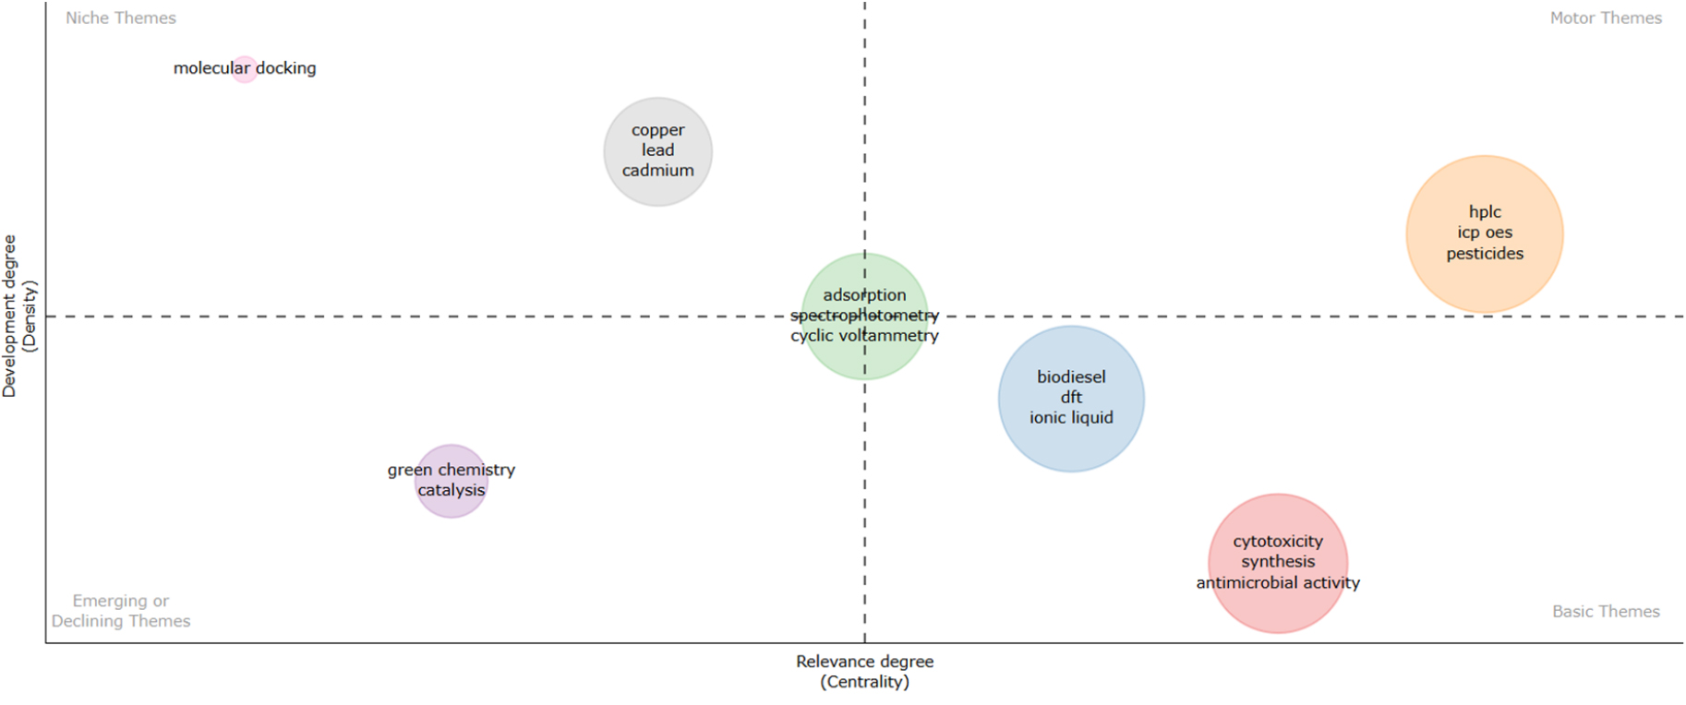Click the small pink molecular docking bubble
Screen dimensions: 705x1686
coord(244,69)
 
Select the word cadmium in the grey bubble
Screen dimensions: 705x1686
coord(657,171)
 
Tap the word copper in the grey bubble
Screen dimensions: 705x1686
coord(657,130)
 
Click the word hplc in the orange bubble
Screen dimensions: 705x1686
coord(1485,212)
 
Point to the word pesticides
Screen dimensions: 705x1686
coord(1485,254)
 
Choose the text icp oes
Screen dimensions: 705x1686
coord(1485,233)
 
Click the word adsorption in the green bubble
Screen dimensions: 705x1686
coord(864,295)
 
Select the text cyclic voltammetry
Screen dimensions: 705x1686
coord(864,336)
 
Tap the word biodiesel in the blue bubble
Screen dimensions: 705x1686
coord(1071,376)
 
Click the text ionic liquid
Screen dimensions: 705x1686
coord(1071,418)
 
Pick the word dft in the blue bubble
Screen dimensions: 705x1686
coord(1071,397)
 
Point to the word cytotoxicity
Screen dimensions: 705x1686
coord(1278,542)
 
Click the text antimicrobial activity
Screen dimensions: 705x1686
coord(1278,583)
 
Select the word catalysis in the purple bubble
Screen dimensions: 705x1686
coord(451,490)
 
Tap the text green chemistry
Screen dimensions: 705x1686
coord(451,470)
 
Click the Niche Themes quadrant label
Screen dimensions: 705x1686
coord(120,18)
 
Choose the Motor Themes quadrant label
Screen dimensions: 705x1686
coord(1606,18)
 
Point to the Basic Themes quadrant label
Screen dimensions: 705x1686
coord(1606,612)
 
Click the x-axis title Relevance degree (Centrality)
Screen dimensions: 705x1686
coord(864,672)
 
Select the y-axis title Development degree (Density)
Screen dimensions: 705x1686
coord(19,317)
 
